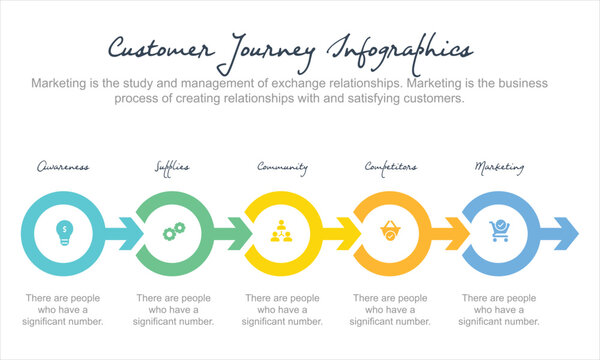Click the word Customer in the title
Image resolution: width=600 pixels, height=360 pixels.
[x=160, y=49]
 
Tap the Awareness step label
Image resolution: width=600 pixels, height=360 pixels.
[x=62, y=166]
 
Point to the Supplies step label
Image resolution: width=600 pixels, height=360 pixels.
[x=172, y=166]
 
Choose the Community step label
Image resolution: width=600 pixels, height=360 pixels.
[x=282, y=166]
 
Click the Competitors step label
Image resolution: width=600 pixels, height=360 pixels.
[x=391, y=166]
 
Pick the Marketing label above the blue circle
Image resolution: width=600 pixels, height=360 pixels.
[x=499, y=166]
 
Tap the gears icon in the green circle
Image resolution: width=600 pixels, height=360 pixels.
[x=174, y=233]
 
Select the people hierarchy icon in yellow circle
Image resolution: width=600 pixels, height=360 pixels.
[x=282, y=233]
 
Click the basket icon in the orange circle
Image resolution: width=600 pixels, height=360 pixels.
[x=391, y=233]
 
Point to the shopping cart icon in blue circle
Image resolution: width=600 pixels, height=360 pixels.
[x=499, y=233]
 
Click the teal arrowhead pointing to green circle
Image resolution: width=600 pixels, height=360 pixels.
[x=129, y=233]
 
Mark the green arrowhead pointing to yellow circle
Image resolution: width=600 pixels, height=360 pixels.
[x=239, y=233]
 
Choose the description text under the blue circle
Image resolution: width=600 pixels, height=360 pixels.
[x=499, y=309]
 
